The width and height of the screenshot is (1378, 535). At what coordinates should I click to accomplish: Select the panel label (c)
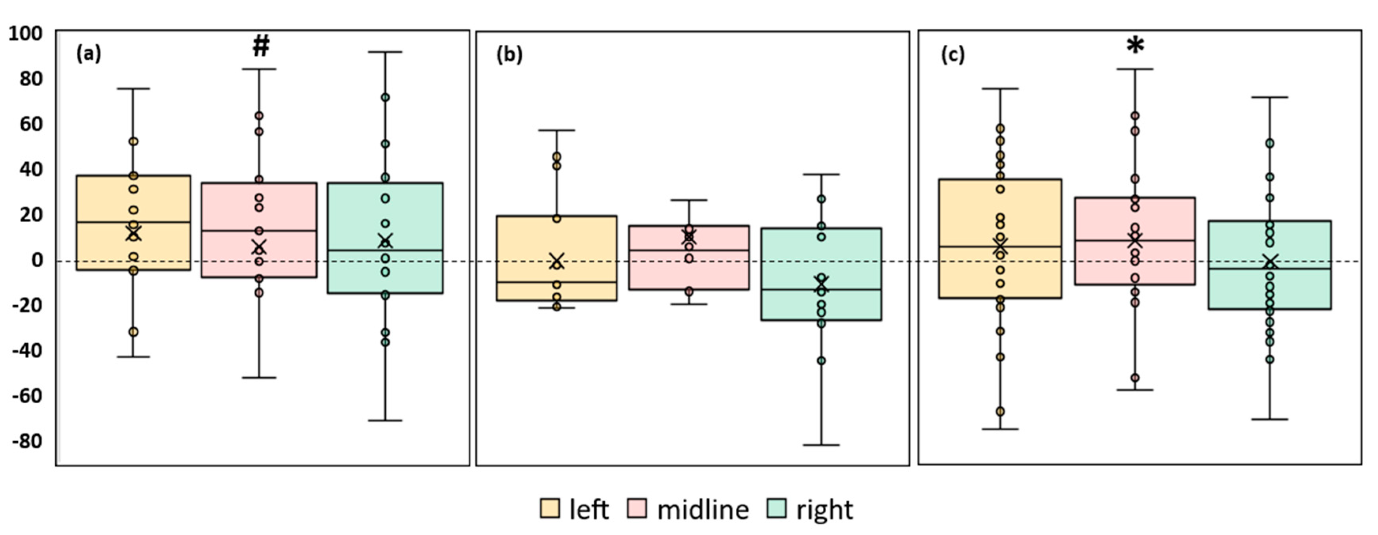pyautogui.click(x=953, y=55)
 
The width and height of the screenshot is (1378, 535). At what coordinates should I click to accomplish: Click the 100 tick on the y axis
pyautogui.click(x=25, y=33)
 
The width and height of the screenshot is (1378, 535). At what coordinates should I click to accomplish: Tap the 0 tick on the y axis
pyautogui.click(x=36, y=260)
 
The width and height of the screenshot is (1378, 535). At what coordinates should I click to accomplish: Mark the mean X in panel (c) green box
pyautogui.click(x=1270, y=262)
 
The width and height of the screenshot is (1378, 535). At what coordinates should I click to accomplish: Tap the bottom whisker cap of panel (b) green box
pyautogui.click(x=821, y=444)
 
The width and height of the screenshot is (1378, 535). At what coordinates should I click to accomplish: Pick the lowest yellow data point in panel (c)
pyautogui.click(x=1000, y=411)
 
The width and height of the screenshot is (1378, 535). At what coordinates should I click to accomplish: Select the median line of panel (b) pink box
pyautogui.click(x=689, y=250)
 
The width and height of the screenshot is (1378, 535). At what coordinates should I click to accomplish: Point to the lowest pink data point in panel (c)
pyautogui.click(x=1135, y=377)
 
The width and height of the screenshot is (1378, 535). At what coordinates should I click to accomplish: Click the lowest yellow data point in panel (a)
pyautogui.click(x=134, y=332)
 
